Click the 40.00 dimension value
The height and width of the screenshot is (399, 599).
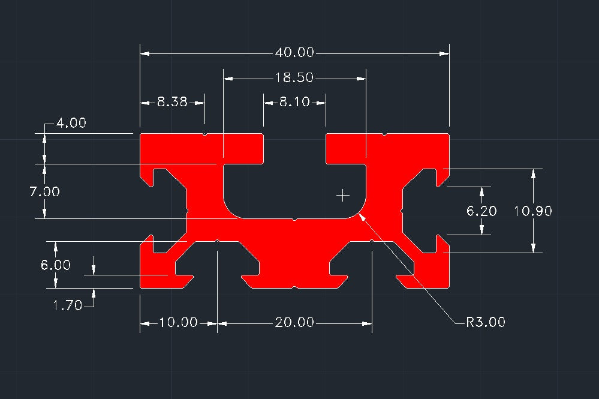tap(294, 53)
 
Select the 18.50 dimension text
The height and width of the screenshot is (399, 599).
tap(294, 78)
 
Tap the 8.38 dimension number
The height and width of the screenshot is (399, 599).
tap(173, 103)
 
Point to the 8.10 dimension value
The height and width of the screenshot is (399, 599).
tap(294, 103)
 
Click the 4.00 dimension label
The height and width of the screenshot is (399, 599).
tap(71, 124)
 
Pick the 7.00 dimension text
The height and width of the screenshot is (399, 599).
tap(45, 192)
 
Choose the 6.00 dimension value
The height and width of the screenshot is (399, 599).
tap(56, 265)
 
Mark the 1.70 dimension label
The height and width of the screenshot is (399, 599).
tap(68, 305)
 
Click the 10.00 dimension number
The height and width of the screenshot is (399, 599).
tap(178, 323)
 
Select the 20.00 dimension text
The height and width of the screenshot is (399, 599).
tap(294, 323)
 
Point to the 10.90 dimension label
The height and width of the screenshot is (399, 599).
tap(533, 211)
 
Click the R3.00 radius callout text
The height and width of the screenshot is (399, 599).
tap(486, 322)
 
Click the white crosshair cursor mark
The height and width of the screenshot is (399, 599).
tap(343, 195)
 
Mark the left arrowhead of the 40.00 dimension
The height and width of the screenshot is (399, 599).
tap(145, 53)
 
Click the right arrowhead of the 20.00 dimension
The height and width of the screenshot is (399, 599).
tap(368, 323)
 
